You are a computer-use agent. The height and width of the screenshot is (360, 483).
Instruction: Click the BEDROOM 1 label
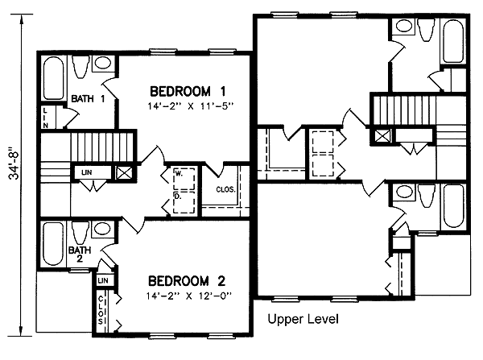point(188,91)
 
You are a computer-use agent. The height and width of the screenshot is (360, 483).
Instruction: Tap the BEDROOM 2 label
point(187,281)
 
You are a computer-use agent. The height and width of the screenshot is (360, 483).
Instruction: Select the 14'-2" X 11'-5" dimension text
point(190,106)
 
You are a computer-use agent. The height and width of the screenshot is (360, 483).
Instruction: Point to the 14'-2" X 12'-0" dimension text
point(189,296)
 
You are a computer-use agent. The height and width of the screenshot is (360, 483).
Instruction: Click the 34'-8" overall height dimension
point(14,165)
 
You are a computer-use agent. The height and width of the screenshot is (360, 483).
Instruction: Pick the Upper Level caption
point(303,319)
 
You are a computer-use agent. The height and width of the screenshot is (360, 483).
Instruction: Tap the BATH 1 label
point(88,98)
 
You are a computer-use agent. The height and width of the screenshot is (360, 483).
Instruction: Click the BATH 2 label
point(80,254)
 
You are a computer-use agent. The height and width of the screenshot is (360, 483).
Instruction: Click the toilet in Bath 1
point(81,66)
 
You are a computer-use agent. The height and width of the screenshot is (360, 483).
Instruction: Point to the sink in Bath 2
point(102,229)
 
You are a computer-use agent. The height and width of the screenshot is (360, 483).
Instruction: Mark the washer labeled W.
point(184,179)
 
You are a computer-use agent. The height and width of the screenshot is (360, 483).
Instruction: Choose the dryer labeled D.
point(184,202)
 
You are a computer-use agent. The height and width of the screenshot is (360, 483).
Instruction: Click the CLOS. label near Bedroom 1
point(225,189)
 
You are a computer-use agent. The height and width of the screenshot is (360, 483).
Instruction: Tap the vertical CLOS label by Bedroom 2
point(101,310)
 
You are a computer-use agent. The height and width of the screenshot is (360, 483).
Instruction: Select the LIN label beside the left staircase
point(87,172)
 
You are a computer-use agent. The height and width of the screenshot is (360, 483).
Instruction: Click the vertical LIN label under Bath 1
point(45,118)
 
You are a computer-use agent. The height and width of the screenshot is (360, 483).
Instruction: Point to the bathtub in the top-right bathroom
point(453,41)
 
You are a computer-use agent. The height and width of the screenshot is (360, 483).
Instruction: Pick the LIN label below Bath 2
point(103,280)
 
